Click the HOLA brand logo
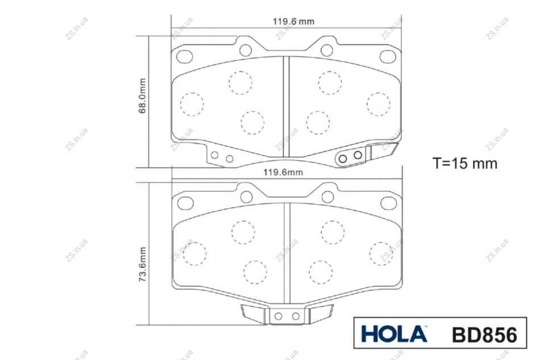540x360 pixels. [394, 334]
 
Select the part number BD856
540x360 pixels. [484, 334]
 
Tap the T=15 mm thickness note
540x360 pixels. [465, 163]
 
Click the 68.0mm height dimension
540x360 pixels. [142, 96]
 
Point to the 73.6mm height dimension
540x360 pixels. [142, 264]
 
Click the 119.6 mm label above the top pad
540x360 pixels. [293, 22]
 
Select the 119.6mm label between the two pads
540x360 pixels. [283, 172]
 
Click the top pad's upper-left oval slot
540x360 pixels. [185, 56]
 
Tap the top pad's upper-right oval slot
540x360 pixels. [388, 56]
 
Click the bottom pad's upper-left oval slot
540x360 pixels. [185, 203]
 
